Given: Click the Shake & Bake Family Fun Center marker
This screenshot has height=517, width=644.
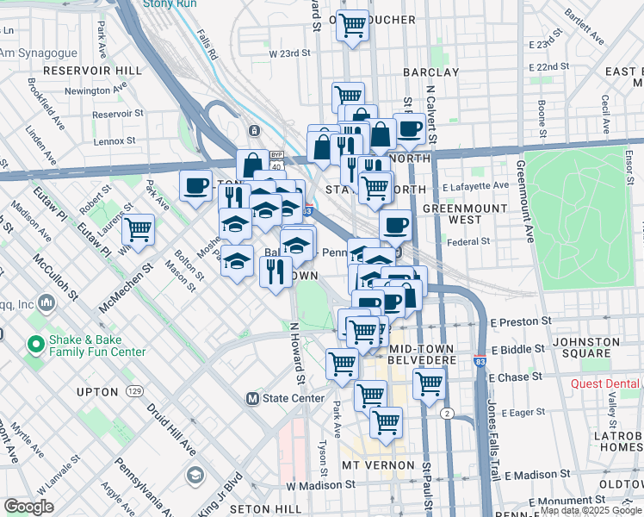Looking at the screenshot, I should pyautogui.click(x=35, y=346).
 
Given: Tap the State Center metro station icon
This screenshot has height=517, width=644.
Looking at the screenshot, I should pyautogui.click(x=252, y=399).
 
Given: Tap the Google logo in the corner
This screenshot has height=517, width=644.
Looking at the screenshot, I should pyautogui.click(x=29, y=507).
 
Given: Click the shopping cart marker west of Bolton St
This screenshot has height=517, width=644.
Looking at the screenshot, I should pyautogui.click(x=138, y=230).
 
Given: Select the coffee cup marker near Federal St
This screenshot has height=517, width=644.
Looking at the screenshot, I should pyautogui.click(x=395, y=226).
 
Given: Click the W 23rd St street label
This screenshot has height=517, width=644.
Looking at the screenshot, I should pyautogui.click(x=288, y=53).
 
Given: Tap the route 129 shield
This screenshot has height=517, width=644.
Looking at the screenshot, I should pyautogui.click(x=134, y=391).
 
